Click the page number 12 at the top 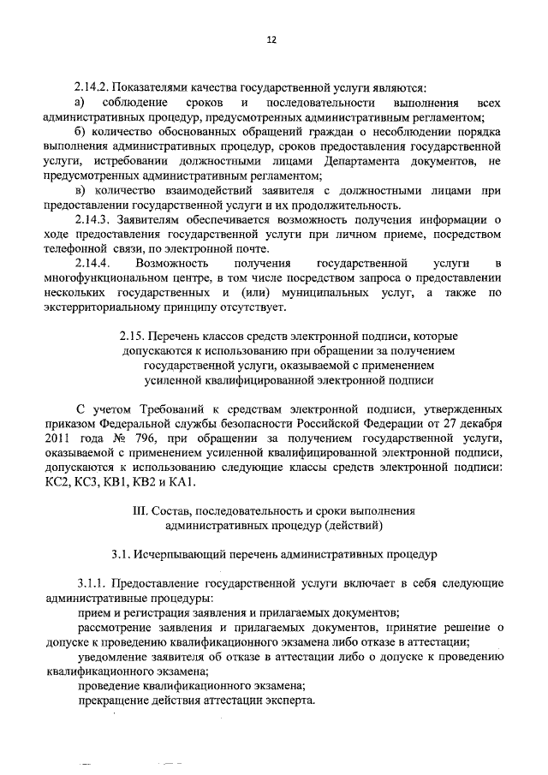(272, 39)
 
